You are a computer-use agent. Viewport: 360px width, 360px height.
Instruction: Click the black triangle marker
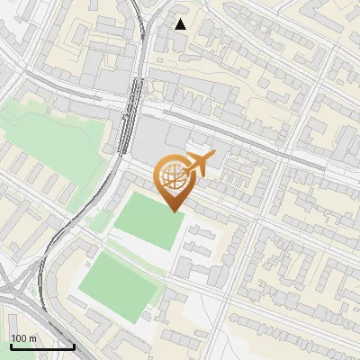point(181,24)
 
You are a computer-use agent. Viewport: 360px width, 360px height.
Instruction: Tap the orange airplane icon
point(198,164)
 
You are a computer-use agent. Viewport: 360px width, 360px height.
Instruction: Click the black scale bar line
point(42,346)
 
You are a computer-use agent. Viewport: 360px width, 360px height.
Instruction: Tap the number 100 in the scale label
point(20,338)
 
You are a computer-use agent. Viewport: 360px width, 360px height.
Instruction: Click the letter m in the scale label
point(32,338)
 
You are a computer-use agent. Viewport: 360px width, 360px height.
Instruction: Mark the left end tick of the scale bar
point(11,345)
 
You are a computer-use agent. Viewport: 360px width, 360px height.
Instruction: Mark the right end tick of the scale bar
point(74,345)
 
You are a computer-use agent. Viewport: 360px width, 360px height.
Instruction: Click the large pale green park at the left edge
point(54,144)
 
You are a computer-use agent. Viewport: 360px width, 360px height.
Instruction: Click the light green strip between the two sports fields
point(135,255)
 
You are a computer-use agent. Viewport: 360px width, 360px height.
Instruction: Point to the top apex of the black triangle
point(181,18)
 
